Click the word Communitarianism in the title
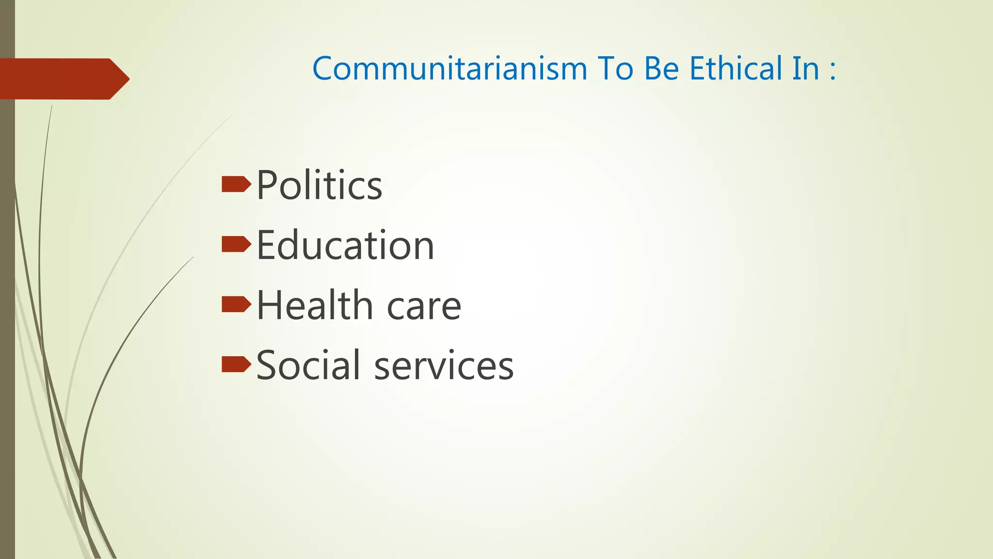[449, 68]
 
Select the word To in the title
[615, 68]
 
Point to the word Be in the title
[661, 68]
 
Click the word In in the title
[805, 68]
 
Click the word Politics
[319, 185]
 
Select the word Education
[345, 245]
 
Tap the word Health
[314, 305]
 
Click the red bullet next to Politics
[236, 184]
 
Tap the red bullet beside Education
[236, 245]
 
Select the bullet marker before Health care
[236, 304]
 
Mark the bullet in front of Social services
[236, 364]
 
